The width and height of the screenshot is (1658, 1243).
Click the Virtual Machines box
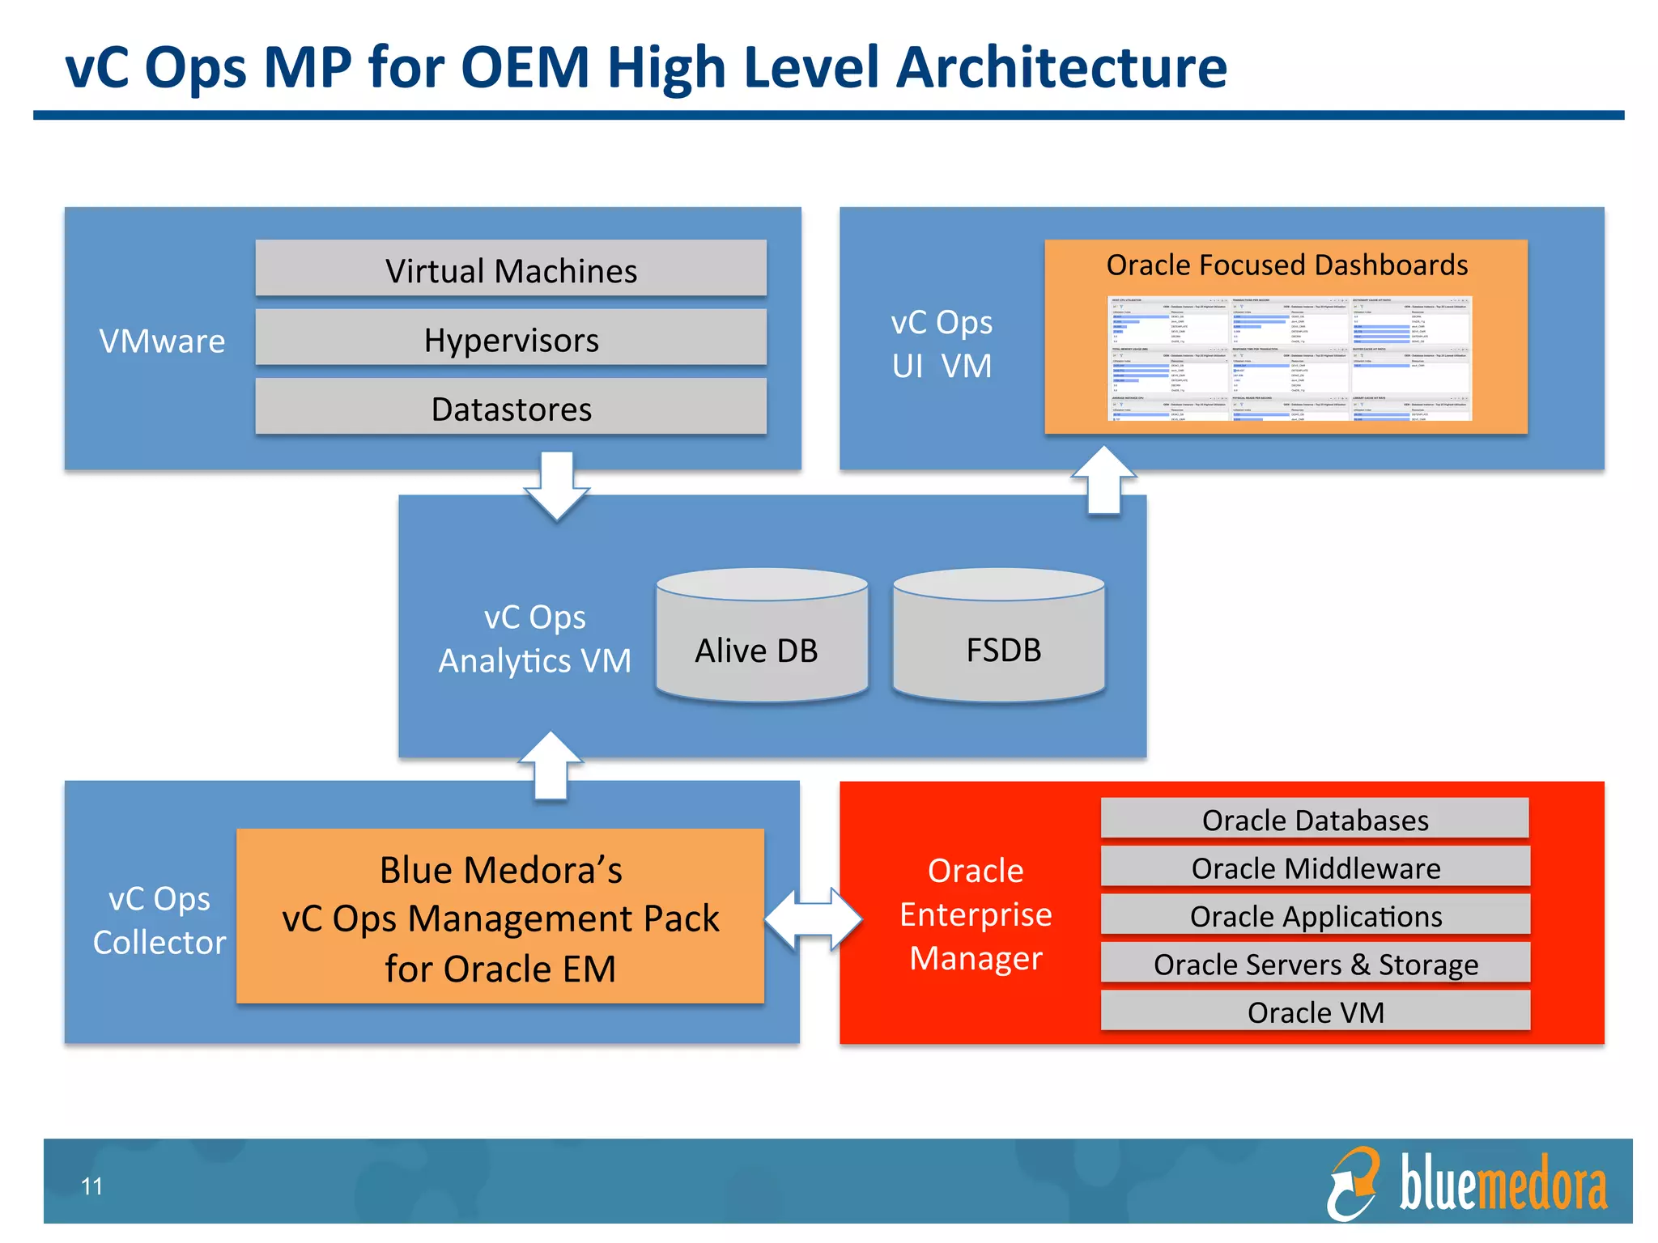(x=511, y=269)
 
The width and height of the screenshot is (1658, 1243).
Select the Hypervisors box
(x=511, y=338)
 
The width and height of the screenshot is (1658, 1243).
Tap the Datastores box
(x=511, y=408)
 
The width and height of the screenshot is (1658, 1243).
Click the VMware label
(x=162, y=341)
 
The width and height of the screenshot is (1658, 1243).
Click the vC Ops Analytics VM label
(x=534, y=639)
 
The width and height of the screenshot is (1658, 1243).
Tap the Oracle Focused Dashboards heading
(x=1286, y=265)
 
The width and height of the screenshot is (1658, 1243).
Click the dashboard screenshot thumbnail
(x=1289, y=358)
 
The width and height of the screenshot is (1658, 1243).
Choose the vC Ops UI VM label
(x=942, y=344)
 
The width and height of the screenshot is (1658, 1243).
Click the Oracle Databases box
(x=1315, y=819)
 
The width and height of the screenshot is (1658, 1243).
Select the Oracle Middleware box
(x=1315, y=868)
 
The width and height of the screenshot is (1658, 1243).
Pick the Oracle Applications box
(x=1315, y=915)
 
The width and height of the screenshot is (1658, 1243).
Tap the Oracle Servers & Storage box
(x=1315, y=963)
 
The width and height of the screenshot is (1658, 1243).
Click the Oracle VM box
(x=1315, y=1011)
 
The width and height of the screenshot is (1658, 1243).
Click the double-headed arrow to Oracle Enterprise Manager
(x=813, y=918)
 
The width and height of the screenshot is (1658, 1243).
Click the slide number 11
(x=91, y=1186)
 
